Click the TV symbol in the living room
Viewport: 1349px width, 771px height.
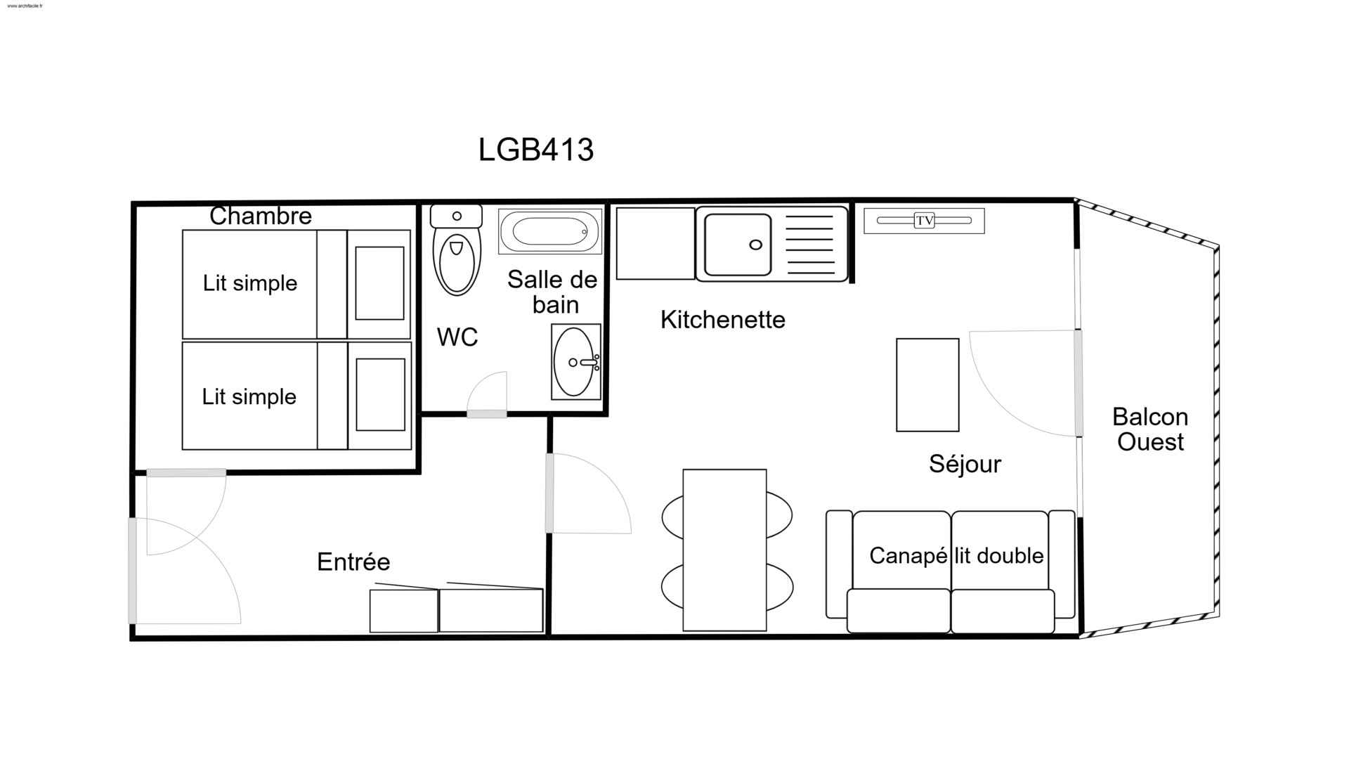[924, 221]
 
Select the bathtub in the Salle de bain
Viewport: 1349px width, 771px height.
[550, 231]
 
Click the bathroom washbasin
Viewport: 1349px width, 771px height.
[576, 362]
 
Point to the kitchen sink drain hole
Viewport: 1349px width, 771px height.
[756, 245]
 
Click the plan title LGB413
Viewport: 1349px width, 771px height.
[536, 150]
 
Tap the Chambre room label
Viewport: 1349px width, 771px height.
[261, 216]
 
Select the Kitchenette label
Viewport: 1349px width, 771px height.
[722, 320]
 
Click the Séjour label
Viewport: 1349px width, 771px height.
[965, 464]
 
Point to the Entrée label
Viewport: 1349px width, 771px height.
[353, 562]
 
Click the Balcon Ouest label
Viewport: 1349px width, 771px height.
[1150, 429]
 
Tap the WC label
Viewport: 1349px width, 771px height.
[457, 337]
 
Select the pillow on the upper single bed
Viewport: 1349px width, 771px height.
[379, 283]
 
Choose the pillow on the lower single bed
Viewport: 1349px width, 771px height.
[380, 395]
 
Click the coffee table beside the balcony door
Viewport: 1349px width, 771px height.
[927, 385]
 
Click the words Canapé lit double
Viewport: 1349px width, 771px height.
[956, 556]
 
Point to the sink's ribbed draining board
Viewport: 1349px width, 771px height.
[809, 244]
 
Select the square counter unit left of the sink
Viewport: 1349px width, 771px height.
[656, 244]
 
